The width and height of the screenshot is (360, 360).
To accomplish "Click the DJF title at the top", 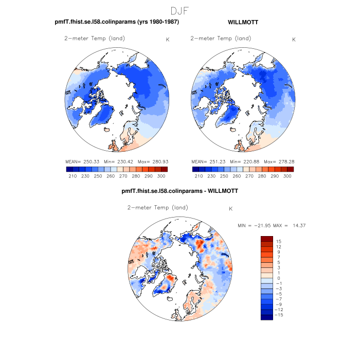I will tap(180, 10).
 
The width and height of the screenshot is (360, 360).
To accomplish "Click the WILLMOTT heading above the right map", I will tap(243, 22).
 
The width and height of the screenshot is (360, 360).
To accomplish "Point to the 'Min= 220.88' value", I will tap(244, 161).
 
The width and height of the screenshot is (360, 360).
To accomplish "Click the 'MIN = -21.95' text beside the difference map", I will tap(256, 226).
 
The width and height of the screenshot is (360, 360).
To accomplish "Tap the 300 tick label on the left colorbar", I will tap(161, 176).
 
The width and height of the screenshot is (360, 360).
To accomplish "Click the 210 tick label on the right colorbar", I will tap(199, 176).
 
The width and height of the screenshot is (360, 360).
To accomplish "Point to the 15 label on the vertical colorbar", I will tap(278, 241).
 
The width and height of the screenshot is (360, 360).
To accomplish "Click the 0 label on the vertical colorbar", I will tap(278, 278).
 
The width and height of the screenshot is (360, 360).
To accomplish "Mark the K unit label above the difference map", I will tap(231, 209).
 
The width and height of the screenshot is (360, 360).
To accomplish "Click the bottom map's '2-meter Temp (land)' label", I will tap(157, 208).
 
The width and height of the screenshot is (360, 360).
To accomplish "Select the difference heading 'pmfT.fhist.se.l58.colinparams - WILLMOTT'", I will tap(179, 191).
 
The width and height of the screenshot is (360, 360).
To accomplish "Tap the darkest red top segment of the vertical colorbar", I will tap(266, 238).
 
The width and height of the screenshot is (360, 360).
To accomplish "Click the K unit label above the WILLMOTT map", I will tap(294, 40).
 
